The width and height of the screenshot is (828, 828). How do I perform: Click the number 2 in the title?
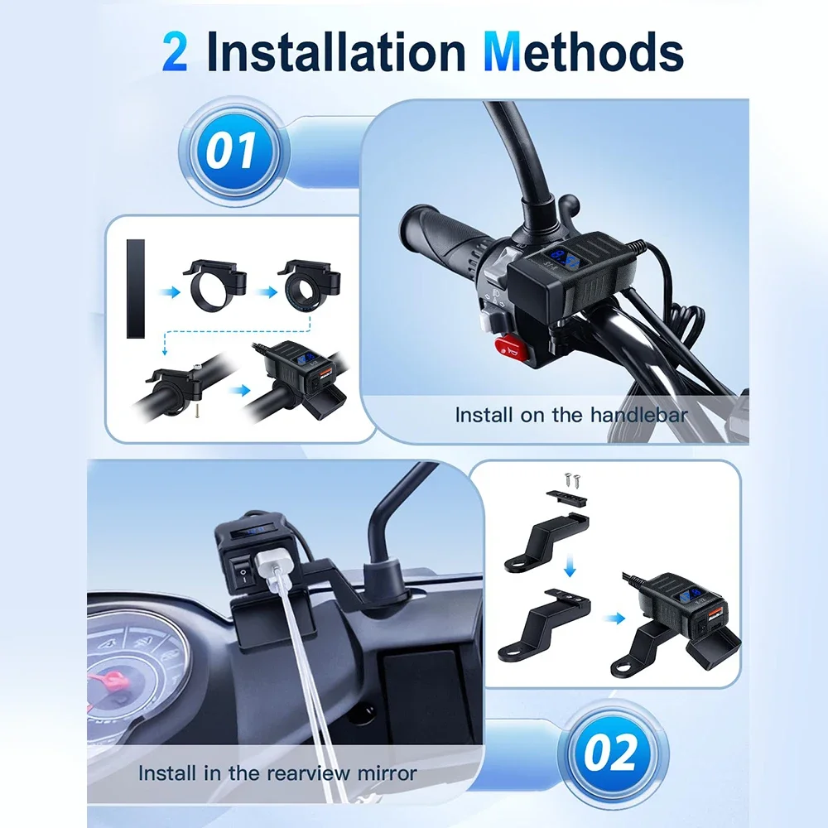(175, 51)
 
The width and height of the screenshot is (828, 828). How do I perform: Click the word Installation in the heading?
(336, 51)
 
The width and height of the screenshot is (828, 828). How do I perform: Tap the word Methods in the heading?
(584, 51)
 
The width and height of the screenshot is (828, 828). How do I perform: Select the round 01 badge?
(234, 152)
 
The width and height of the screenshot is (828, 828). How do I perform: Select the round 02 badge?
(613, 753)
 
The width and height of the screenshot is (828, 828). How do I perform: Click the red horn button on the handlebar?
(511, 346)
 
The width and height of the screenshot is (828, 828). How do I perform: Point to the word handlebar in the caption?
(639, 415)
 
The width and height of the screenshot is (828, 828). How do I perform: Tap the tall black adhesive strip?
(136, 288)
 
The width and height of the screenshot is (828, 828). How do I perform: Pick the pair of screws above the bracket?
(572, 479)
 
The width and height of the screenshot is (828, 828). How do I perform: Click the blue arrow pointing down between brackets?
(570, 565)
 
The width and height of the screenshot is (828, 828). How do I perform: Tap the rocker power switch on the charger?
(243, 575)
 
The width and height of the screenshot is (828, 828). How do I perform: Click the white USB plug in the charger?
(272, 571)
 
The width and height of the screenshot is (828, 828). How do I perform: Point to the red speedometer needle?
(109, 676)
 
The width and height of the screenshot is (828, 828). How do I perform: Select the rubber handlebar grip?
(446, 237)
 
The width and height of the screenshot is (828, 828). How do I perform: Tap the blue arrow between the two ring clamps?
(268, 292)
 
